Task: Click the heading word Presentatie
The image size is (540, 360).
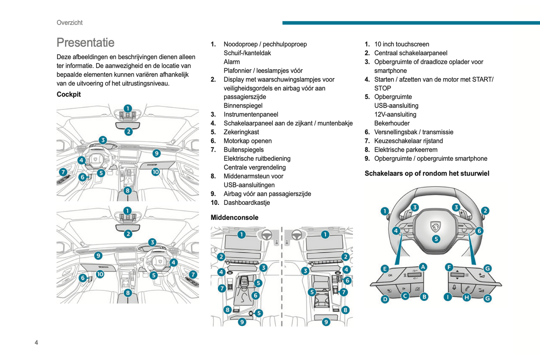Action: point(85,43)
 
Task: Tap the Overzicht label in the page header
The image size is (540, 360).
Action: point(70,22)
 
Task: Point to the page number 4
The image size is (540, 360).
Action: point(36,342)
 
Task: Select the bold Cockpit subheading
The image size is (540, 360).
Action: point(68,94)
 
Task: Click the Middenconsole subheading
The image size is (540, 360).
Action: point(234,218)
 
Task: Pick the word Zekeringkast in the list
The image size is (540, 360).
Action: point(241,132)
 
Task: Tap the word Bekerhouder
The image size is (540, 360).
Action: point(392,123)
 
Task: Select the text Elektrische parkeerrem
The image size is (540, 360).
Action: point(405,150)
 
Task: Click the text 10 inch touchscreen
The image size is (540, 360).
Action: point(401,44)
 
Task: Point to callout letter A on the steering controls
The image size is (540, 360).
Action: point(423,267)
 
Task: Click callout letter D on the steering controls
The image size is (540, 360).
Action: point(385,299)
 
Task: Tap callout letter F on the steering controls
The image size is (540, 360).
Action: point(449,267)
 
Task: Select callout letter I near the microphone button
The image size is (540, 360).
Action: point(448,297)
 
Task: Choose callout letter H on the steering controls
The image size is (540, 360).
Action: point(467,298)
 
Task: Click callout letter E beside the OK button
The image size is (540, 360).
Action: point(385,269)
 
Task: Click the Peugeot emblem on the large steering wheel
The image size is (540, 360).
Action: point(436,226)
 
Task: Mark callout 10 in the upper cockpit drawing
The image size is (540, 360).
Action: point(155,172)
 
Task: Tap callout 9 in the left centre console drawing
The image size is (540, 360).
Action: point(242,321)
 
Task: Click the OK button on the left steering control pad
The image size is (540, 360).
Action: point(390,276)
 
